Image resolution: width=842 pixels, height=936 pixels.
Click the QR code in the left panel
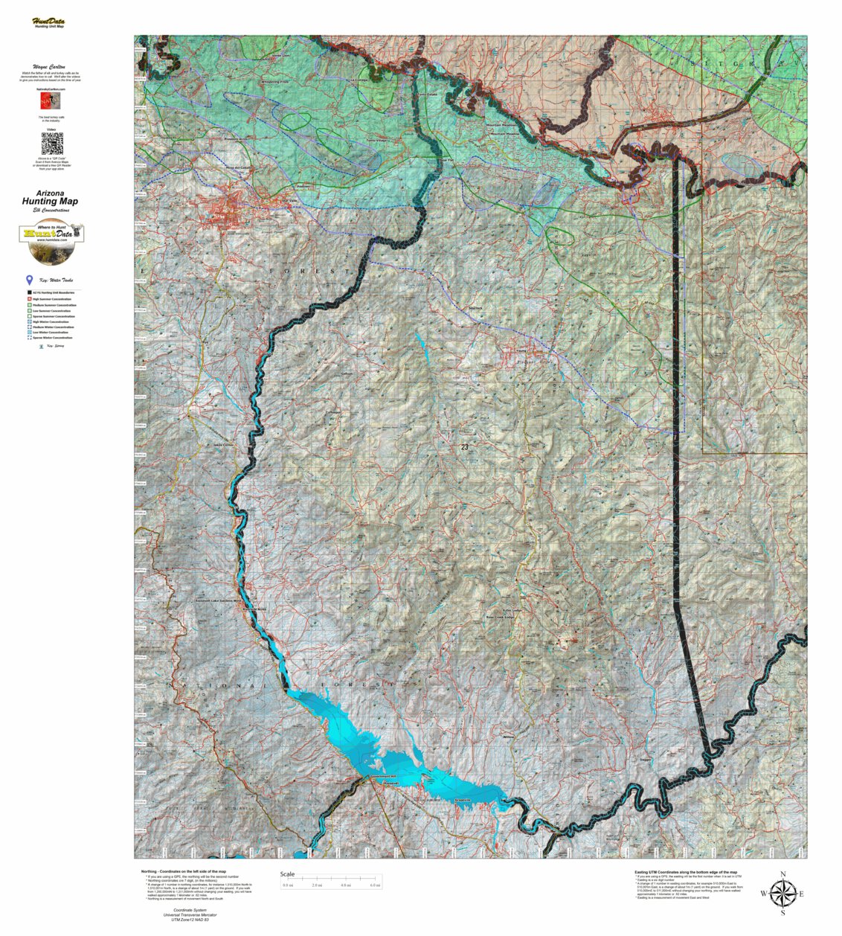point(51,144)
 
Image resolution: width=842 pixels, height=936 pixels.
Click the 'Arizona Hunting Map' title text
point(51,197)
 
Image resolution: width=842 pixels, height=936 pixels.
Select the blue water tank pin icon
point(29,281)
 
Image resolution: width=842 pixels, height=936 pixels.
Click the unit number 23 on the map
point(464,447)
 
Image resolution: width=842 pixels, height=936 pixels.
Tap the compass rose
point(782,893)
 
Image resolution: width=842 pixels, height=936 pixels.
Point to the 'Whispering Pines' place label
point(274,81)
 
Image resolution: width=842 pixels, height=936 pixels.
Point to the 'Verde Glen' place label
point(280,56)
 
